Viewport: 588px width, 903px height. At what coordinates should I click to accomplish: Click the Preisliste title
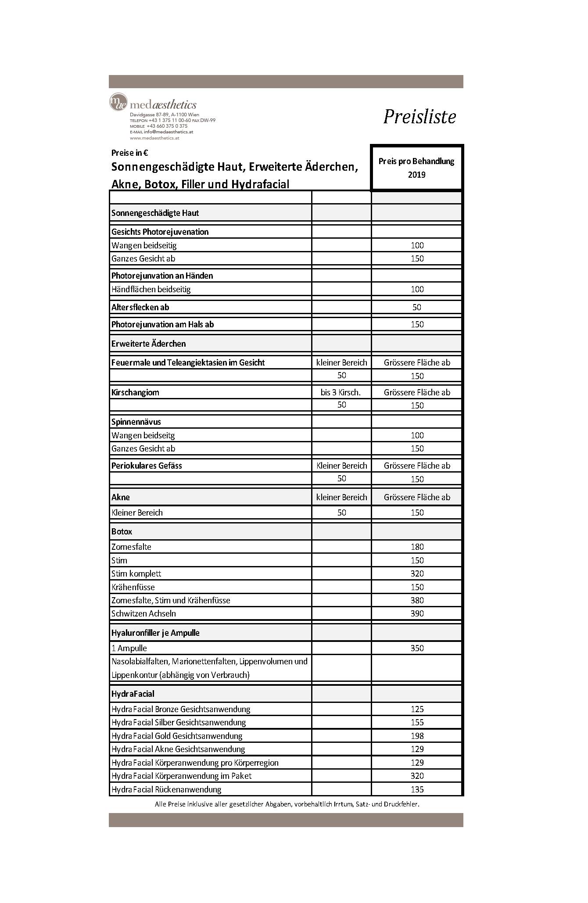pyautogui.click(x=419, y=117)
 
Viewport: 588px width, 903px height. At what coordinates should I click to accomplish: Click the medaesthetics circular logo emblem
pyautogui.click(x=118, y=102)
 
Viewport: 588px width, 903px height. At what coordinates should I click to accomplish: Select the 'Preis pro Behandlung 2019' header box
pyautogui.click(x=416, y=168)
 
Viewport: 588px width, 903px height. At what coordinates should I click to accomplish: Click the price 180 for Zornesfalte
pyautogui.click(x=417, y=547)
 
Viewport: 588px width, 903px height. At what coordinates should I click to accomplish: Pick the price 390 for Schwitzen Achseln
pyautogui.click(x=417, y=613)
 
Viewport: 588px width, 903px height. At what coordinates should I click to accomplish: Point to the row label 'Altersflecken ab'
pyautogui.click(x=140, y=307)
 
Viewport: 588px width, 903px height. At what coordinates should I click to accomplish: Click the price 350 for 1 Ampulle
pyautogui.click(x=417, y=648)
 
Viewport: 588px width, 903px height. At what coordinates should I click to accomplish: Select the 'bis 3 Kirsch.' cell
pyautogui.click(x=341, y=392)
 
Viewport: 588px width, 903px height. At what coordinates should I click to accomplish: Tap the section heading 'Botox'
pyautogui.click(x=122, y=531)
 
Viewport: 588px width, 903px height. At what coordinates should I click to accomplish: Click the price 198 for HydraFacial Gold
pyautogui.click(x=417, y=736)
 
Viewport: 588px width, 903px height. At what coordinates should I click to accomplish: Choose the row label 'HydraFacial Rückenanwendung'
pyautogui.click(x=166, y=789)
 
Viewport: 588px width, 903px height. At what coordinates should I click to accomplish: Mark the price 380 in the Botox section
pyautogui.click(x=417, y=600)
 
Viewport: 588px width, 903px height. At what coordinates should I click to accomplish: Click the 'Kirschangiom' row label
pyautogui.click(x=135, y=392)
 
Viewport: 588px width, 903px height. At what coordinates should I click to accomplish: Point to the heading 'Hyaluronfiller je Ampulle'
pyautogui.click(x=155, y=633)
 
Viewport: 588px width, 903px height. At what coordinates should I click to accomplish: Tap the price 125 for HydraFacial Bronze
pyautogui.click(x=417, y=709)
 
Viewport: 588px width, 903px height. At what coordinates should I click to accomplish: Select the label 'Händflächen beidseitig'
pyautogui.click(x=151, y=289)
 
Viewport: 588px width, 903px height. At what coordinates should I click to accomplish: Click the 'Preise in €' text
pyautogui.click(x=129, y=153)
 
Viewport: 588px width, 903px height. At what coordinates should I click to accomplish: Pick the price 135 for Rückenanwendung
pyautogui.click(x=417, y=789)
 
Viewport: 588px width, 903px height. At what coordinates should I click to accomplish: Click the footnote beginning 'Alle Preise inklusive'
pyautogui.click(x=287, y=804)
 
